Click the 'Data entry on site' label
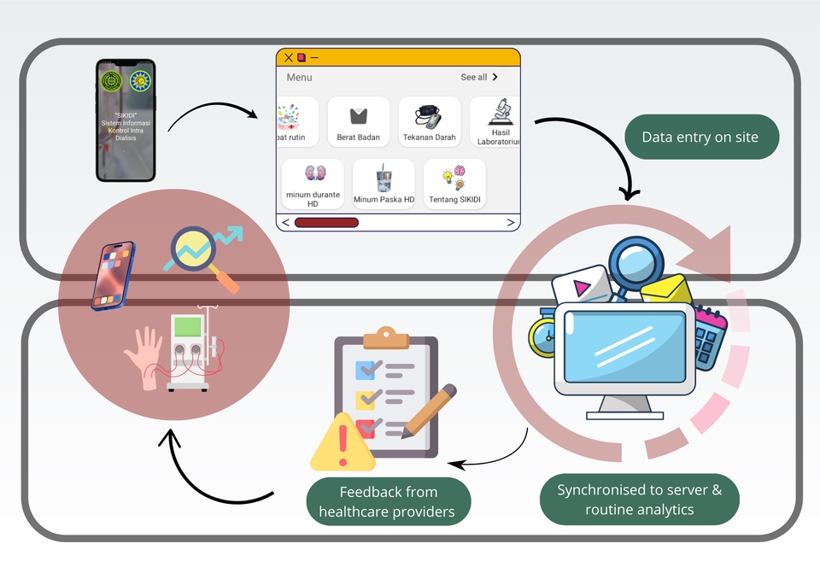pos(700,137)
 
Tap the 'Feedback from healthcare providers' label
pos(389,502)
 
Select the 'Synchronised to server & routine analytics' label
pos(640,500)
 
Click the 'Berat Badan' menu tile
pos(358,122)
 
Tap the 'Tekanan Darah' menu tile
pos(429,122)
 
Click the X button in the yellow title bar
pos(289,58)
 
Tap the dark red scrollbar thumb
pos(326,223)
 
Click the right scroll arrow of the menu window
pos(511,223)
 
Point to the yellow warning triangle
pos(343,442)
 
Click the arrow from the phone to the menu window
pos(214,110)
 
